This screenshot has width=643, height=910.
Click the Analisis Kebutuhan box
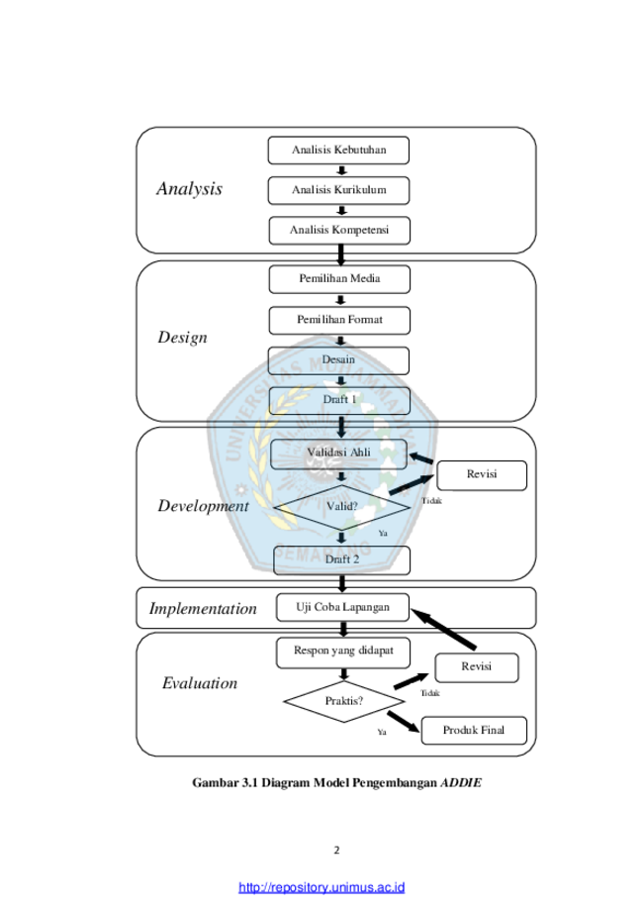[338, 151]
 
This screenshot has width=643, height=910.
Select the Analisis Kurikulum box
[338, 190]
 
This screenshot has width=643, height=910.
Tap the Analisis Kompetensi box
[339, 231]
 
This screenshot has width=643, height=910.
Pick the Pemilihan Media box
[339, 279]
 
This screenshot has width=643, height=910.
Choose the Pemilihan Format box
[339, 321]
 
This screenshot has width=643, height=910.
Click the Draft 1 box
[339, 400]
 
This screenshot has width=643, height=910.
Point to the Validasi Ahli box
[338, 454]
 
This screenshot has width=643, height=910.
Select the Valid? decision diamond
[342, 507]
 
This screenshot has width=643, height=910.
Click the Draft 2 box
[341, 560]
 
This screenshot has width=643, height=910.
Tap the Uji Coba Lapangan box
[342, 607]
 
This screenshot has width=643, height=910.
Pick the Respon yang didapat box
[343, 653]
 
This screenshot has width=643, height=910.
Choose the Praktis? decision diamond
[344, 701]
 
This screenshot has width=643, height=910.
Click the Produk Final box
[474, 730]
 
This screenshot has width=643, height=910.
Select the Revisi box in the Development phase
[482, 475]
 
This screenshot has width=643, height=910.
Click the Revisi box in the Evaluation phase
[477, 667]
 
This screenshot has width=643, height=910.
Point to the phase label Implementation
[203, 608]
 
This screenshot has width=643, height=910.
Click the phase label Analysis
[190, 188]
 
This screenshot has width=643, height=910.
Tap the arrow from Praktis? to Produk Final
[403, 722]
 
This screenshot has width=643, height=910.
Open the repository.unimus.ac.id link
[321, 887]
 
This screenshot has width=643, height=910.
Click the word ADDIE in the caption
[461, 782]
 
